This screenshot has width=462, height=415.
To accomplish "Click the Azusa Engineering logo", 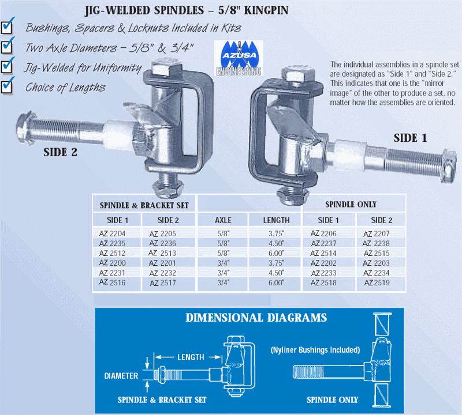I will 238,58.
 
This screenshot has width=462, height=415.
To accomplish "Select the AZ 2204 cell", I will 112,233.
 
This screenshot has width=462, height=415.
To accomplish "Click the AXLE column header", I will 223,220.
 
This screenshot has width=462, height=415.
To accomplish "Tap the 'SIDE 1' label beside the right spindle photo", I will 411,138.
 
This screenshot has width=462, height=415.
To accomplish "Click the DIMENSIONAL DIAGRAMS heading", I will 256,318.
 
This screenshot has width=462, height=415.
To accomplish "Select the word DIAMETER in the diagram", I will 121,376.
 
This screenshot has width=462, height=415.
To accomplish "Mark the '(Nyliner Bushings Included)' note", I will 315,350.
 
